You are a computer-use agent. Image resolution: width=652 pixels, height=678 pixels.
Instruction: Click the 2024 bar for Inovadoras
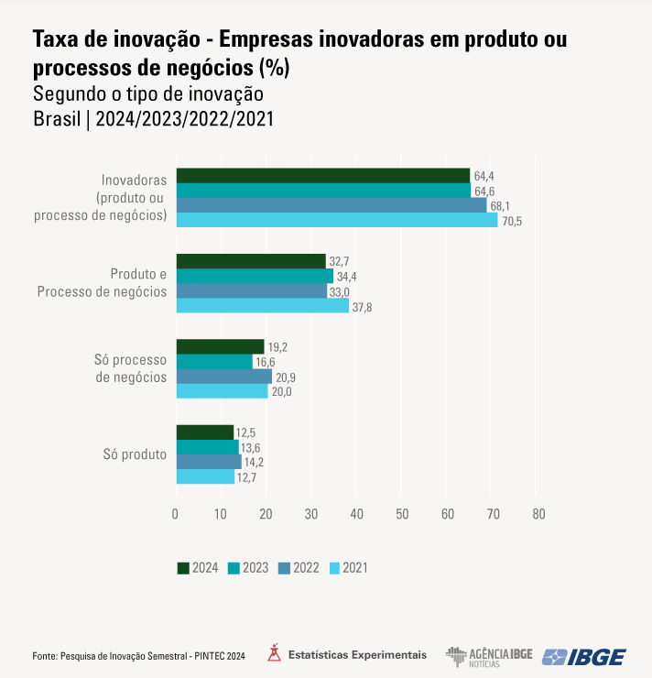(322, 176)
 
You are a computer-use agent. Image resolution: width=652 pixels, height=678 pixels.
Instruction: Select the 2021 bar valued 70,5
(336, 220)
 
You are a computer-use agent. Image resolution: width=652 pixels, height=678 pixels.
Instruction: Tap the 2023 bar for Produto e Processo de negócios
(255, 276)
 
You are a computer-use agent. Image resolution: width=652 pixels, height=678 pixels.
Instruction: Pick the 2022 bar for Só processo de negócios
(223, 377)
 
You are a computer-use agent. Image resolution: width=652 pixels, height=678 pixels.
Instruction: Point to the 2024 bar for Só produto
(204, 432)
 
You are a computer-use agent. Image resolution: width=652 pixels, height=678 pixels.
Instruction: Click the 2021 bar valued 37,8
(262, 306)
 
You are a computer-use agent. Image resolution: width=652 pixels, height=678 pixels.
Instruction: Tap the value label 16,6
(267, 362)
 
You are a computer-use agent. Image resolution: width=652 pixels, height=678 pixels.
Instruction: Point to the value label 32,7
(339, 262)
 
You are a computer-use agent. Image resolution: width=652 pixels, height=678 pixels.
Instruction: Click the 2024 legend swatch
(182, 568)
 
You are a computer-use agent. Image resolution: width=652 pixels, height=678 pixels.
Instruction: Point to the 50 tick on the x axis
(402, 514)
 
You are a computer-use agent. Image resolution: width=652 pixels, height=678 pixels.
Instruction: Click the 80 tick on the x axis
(538, 514)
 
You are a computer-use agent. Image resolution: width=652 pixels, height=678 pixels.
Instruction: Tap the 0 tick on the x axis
(176, 514)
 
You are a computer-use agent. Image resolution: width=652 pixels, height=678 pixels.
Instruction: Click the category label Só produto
(136, 454)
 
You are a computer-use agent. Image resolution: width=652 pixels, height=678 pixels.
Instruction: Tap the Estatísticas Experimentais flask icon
(274, 654)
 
